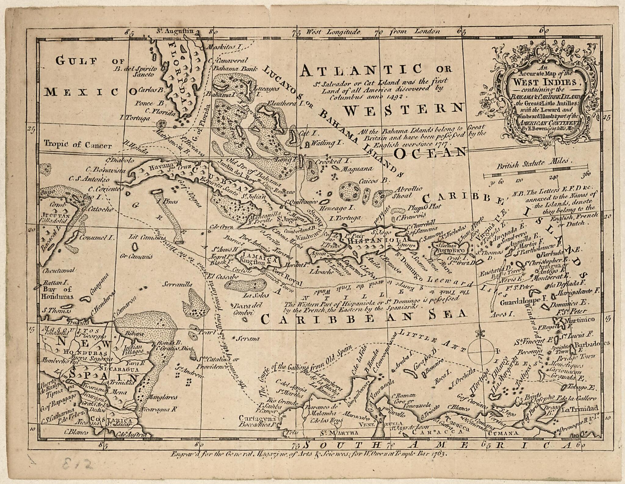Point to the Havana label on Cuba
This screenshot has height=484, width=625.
157,167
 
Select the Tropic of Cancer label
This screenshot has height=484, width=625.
78,144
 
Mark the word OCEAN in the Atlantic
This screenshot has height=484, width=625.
430,152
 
